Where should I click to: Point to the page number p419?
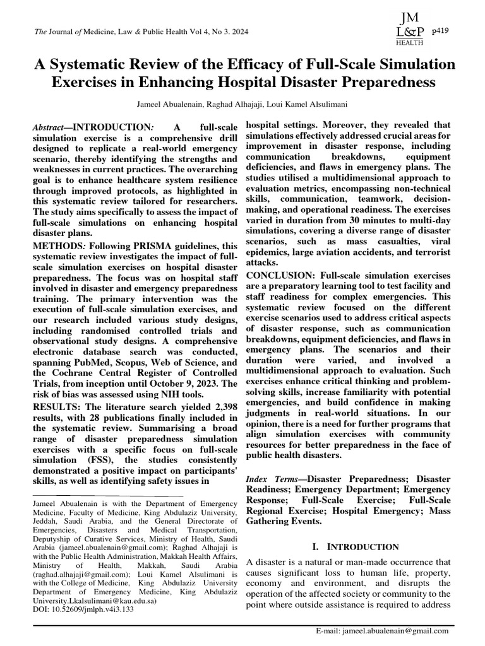(440, 30)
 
